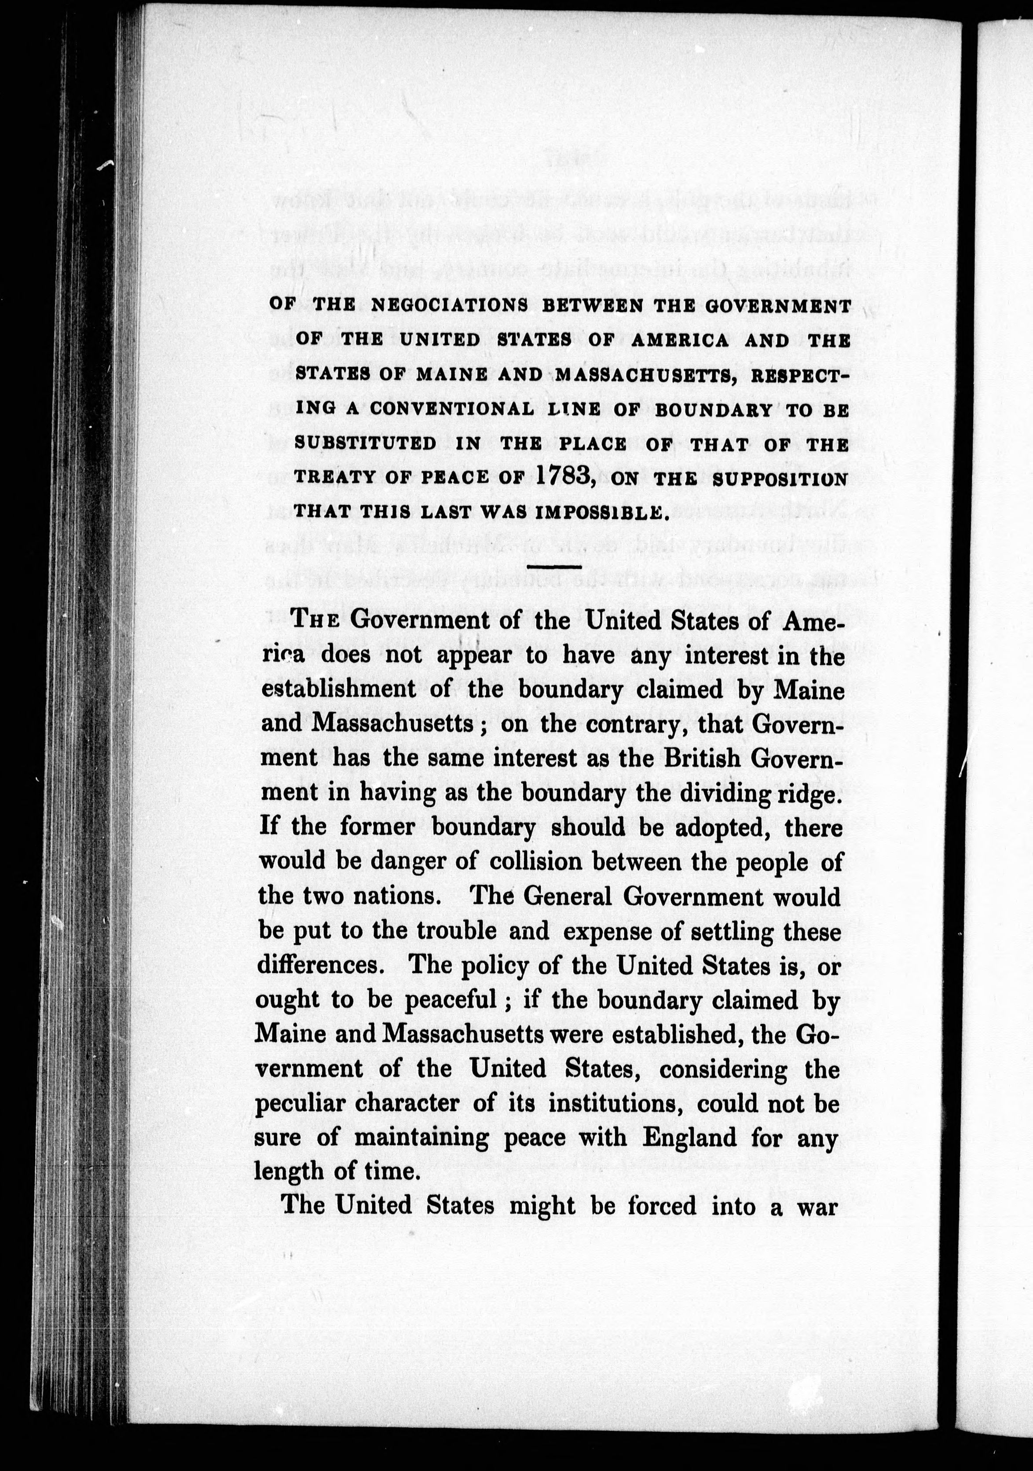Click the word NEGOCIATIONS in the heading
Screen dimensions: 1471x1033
[x=450, y=306]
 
